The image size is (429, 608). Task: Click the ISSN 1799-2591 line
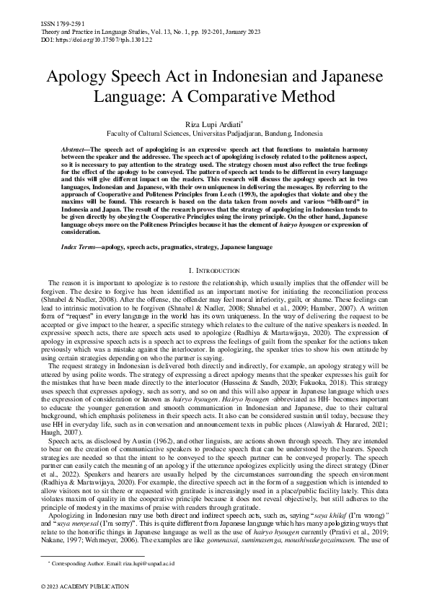coord(53,24)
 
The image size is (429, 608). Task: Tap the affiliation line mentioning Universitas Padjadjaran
coord(214,134)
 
